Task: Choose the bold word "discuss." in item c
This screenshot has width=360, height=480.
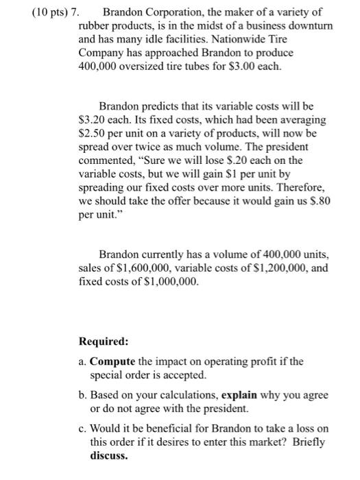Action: click(x=110, y=455)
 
